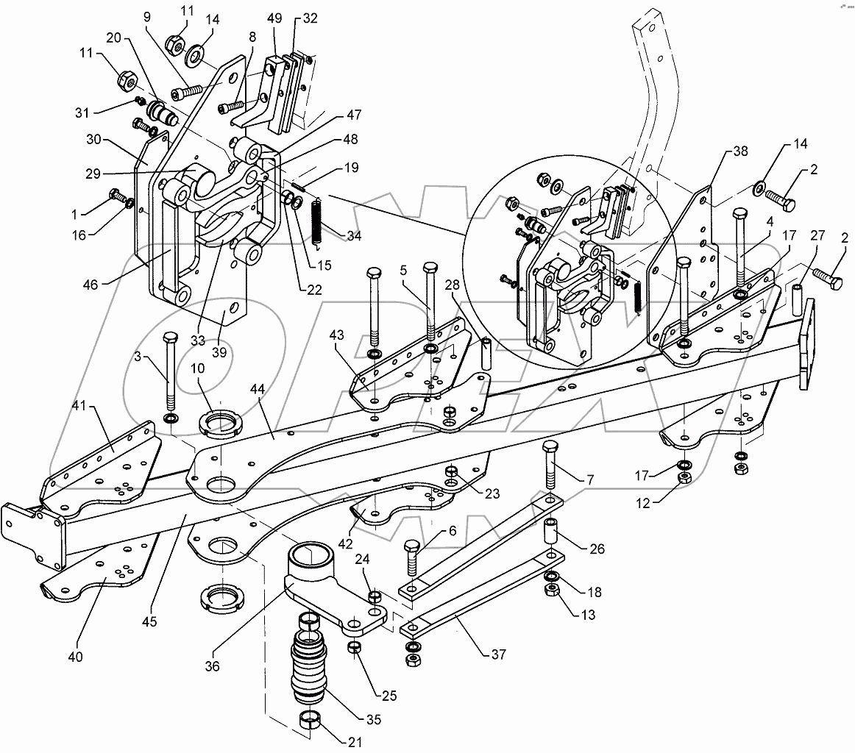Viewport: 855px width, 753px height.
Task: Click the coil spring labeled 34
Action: coord(317,221)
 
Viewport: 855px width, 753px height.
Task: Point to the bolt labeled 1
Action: coord(118,196)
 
